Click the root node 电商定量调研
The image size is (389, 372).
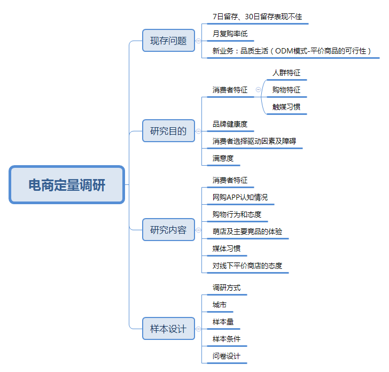(x=67, y=184)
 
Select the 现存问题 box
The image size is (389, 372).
(x=168, y=41)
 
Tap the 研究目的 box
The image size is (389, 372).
(x=168, y=131)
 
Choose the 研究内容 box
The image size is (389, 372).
(x=168, y=229)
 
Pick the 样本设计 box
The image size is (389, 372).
(x=168, y=328)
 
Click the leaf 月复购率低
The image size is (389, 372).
(x=230, y=34)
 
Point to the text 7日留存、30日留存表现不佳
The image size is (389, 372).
(x=257, y=17)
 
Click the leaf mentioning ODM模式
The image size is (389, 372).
(x=292, y=51)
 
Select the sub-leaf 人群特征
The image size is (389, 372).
(x=286, y=73)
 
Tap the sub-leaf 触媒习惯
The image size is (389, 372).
(x=286, y=107)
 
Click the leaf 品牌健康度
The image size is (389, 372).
(x=230, y=124)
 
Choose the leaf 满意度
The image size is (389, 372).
(x=223, y=158)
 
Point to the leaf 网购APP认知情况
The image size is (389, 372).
(x=240, y=197)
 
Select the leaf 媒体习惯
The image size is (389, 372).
(x=227, y=249)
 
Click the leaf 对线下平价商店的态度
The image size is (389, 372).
(x=247, y=266)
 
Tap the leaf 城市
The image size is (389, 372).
(x=220, y=305)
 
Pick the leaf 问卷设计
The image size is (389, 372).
(x=227, y=356)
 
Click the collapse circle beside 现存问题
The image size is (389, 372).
(x=198, y=41)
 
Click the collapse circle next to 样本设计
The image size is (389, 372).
(x=198, y=329)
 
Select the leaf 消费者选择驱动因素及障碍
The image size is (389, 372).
(x=254, y=141)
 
